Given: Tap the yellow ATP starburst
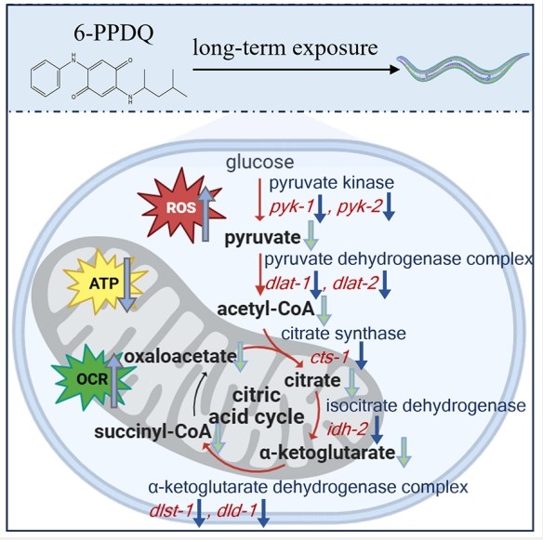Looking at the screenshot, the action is (104, 283).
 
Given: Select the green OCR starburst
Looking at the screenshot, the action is (93, 379).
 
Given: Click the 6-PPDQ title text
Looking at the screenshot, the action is (113, 33).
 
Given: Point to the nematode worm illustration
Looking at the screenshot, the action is (463, 69).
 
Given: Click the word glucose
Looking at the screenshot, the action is (259, 162).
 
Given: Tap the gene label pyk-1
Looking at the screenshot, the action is (292, 207).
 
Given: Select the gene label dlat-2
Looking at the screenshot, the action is (355, 283).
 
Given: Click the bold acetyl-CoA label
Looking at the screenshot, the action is (266, 310).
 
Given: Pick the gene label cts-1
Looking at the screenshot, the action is (329, 358).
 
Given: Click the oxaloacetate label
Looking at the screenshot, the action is (180, 356).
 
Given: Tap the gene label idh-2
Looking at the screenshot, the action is (347, 429).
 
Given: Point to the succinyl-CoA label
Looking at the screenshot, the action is (152, 431).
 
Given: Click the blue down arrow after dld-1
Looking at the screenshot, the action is (263, 513).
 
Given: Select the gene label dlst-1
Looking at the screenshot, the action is (171, 511).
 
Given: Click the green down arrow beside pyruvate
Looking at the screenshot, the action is (311, 236).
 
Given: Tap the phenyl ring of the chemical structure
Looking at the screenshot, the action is (46, 79).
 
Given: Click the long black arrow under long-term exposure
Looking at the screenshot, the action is (297, 70).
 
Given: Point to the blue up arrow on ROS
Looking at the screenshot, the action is (205, 214).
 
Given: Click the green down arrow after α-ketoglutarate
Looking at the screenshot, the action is (404, 452).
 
